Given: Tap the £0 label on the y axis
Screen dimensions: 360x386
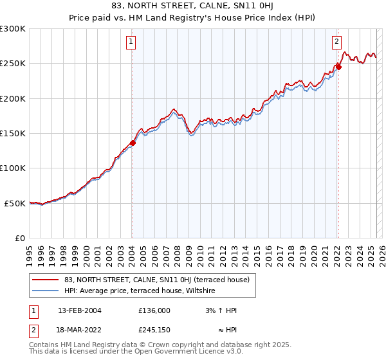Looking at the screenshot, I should point(20,238).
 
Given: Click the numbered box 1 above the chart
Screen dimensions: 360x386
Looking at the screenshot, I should point(131,42).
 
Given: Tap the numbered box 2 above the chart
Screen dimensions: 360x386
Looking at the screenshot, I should point(336,42).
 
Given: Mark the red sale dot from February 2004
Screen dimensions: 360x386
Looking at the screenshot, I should point(133,143).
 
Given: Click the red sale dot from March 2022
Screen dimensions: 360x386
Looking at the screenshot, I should point(339,67).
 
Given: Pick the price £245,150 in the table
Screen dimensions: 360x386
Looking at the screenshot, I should point(154,332).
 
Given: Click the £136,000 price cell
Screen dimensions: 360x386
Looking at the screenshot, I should point(154,310).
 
